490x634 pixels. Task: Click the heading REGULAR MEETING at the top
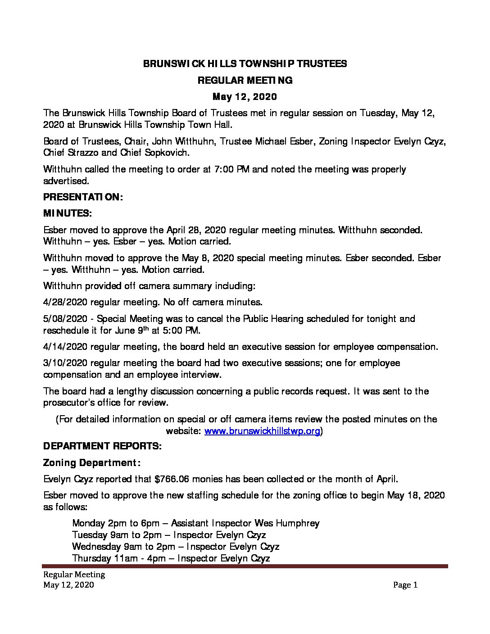click(245, 81)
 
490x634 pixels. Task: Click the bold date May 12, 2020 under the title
click(245, 97)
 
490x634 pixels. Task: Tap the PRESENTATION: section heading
click(82, 197)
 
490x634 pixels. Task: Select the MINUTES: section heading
click(68, 213)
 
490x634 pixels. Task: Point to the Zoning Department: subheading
click(92, 462)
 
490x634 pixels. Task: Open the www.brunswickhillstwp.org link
click(263, 431)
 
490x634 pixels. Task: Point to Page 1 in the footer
click(405, 585)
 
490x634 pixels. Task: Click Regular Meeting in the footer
click(74, 575)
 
